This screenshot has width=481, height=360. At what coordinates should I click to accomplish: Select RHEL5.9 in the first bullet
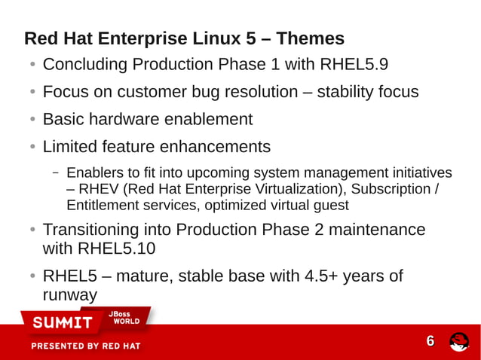(x=354, y=65)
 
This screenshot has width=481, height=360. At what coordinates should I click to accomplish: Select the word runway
(x=70, y=295)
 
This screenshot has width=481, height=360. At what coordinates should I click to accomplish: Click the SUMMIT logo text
(x=61, y=323)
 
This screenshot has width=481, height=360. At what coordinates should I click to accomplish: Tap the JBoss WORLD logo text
(x=123, y=318)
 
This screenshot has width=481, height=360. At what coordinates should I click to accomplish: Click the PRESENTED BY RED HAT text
(x=85, y=346)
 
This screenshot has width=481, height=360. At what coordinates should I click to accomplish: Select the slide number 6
(x=430, y=341)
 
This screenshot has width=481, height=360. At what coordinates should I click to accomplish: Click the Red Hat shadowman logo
(x=459, y=342)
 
